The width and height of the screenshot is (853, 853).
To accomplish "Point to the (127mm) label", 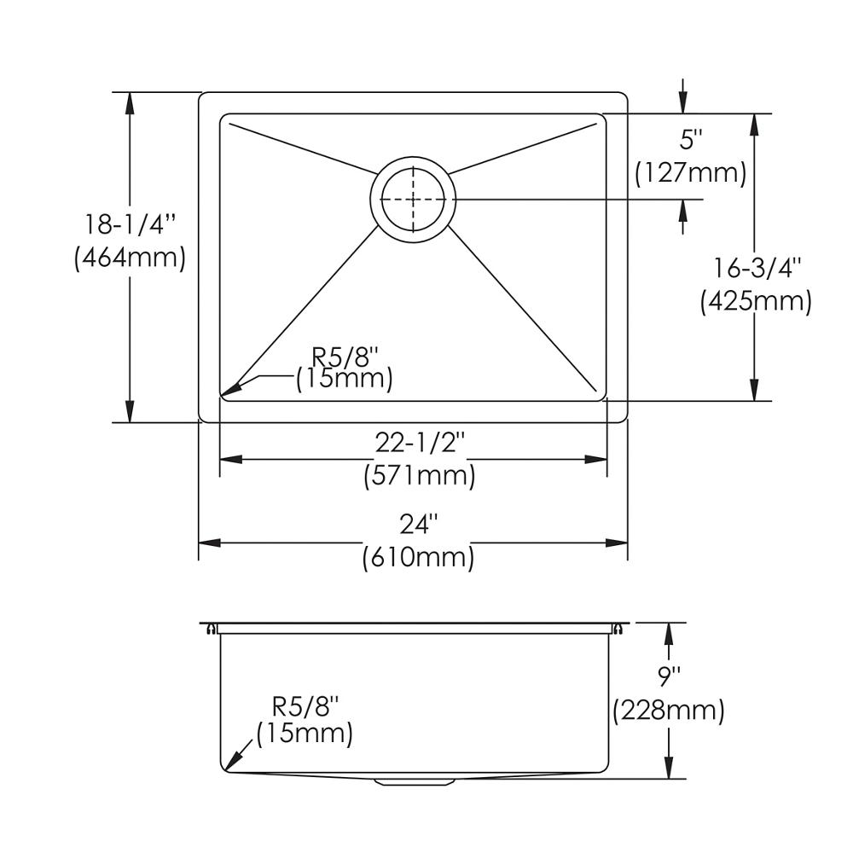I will click(691, 173).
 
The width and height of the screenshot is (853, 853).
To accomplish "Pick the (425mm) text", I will click(756, 301).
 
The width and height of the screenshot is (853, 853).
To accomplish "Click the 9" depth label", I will click(669, 677).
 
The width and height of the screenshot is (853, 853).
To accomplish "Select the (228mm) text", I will click(669, 710).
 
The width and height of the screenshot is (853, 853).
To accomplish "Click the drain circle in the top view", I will click(413, 199).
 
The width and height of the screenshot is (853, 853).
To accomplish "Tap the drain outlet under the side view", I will click(415, 780).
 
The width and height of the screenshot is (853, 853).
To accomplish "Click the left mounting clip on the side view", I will click(210, 630).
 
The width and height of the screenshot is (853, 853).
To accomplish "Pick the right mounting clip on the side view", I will click(617, 630).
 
